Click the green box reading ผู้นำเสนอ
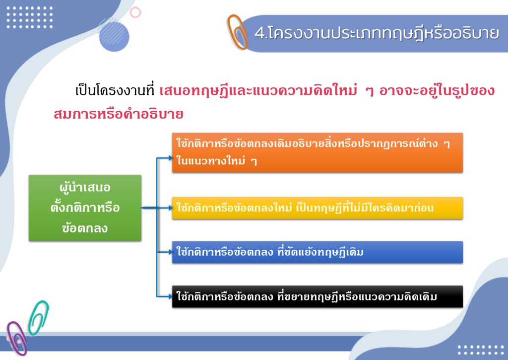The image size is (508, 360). click(x=85, y=208)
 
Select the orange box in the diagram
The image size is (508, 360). click(x=317, y=152)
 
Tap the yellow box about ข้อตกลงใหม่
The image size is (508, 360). click(x=317, y=208)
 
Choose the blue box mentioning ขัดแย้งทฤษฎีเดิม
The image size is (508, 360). click(x=317, y=252)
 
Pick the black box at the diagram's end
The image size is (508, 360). click(x=317, y=296)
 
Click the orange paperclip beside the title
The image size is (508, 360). click(x=237, y=32)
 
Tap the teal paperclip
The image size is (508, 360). click(x=39, y=317)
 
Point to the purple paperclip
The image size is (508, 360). click(x=16, y=338)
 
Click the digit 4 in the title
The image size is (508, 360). click(x=259, y=33)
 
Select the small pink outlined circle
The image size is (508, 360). click(x=135, y=12)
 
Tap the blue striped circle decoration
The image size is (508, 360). click(x=114, y=35)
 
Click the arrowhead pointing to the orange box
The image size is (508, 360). click(x=171, y=158)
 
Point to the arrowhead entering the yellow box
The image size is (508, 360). click(x=171, y=208)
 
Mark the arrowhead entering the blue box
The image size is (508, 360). click(x=171, y=252)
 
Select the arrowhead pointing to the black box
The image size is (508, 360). click(x=171, y=296)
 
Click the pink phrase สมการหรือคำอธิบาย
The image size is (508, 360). click(x=119, y=114)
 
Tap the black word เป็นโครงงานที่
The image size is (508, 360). click(x=115, y=90)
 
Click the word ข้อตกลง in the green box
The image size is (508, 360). click(x=85, y=228)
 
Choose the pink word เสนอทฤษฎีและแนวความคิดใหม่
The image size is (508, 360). click(x=258, y=90)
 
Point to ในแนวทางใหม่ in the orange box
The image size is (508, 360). click(x=211, y=161)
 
